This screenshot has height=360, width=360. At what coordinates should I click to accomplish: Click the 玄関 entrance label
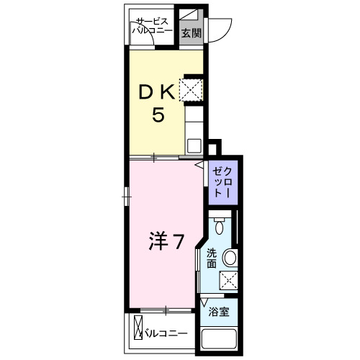point(191,33)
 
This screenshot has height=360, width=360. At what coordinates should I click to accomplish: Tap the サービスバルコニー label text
point(153,26)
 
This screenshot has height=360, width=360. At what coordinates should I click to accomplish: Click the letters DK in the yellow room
point(157,92)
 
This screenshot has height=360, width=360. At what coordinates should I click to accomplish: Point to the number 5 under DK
point(158,114)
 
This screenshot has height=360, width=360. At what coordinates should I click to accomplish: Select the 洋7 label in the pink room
point(166,241)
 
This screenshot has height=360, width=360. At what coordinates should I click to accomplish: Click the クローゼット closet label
point(222,182)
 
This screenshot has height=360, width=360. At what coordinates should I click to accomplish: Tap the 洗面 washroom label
point(212,258)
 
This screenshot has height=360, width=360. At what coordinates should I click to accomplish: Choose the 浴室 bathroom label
point(219,312)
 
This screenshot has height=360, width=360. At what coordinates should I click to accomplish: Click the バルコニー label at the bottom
point(165,333)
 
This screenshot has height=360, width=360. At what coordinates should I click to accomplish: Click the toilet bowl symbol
point(219,225)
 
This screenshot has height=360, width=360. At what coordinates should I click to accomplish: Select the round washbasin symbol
point(230,258)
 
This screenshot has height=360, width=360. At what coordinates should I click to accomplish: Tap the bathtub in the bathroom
point(219,339)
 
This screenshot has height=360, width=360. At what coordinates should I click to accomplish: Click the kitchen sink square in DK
point(194,145)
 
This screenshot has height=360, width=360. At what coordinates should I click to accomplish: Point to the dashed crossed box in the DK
point(191,90)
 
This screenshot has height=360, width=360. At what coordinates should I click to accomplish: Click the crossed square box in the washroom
point(229,279)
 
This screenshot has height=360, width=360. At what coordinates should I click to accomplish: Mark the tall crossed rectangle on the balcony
point(138,328)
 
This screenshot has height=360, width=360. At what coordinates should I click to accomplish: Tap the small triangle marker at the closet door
point(199,165)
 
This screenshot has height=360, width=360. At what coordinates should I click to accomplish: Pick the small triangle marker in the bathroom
point(204,302)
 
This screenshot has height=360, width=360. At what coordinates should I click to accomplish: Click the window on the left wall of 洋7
point(127,197)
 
